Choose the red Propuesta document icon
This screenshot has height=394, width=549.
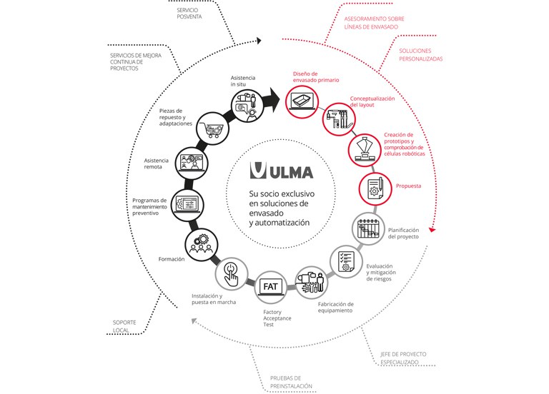click(373, 188)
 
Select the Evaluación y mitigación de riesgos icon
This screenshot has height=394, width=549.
click(346, 261)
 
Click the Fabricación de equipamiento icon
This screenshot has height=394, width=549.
click(312, 280)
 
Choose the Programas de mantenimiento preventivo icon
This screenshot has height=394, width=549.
click(188, 203)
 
